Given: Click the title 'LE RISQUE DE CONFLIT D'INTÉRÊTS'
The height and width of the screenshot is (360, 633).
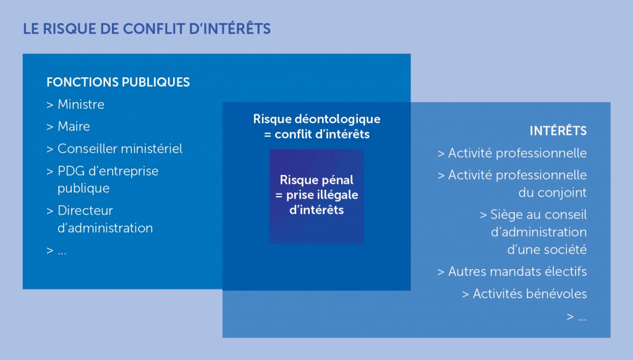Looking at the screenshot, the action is [x=147, y=28].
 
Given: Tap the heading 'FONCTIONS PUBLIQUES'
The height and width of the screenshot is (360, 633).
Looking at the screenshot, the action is [x=118, y=82].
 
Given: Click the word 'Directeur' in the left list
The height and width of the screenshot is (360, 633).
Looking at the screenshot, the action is [x=85, y=210].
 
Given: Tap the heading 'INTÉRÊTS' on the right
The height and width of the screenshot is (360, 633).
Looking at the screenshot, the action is [x=558, y=131].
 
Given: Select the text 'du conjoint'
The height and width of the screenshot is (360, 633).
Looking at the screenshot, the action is [x=552, y=192].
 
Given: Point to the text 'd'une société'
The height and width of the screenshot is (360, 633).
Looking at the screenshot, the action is [x=546, y=249].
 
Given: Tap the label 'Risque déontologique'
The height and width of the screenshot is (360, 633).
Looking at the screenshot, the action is [x=316, y=119].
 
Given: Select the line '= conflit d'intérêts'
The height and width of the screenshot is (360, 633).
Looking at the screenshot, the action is [x=316, y=134].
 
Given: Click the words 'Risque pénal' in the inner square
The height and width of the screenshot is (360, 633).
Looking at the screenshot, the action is [x=316, y=180].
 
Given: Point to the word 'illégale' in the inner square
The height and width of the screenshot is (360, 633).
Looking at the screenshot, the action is [x=338, y=195].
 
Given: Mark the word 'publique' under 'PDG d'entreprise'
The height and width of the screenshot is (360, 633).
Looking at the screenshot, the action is [x=83, y=188].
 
